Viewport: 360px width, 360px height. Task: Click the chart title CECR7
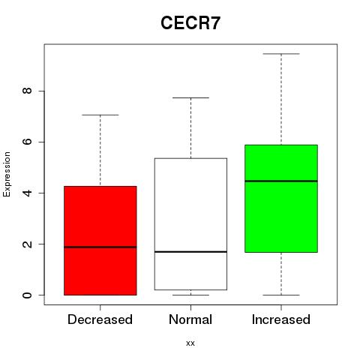[x=190, y=23]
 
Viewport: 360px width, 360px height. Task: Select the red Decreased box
[x=100, y=241]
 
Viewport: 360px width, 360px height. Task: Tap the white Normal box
[x=190, y=224]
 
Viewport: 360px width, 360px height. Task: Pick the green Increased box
[x=281, y=199]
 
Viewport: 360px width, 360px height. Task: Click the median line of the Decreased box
[x=100, y=247]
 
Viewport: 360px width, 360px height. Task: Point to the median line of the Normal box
[x=190, y=251]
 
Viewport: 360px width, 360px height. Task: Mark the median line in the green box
[x=281, y=181]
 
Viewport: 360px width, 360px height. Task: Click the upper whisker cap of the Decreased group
[x=100, y=115]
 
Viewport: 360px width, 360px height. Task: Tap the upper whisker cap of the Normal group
[x=190, y=97]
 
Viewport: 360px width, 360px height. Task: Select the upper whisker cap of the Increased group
[x=281, y=54]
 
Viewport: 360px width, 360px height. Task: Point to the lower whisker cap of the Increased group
[x=281, y=295]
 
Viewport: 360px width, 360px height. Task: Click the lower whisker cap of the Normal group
[x=190, y=295]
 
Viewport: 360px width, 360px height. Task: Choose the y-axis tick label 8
[x=27, y=91]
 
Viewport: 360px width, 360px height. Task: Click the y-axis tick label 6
[x=27, y=142]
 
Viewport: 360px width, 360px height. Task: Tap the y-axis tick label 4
[x=27, y=193]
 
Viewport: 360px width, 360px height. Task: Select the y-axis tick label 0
[x=27, y=295]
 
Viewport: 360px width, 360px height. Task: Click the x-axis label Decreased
[x=100, y=319]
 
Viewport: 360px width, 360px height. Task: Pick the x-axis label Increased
[x=281, y=319]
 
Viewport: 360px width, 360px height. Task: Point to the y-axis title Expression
[x=7, y=174]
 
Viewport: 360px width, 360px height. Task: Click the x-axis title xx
[x=190, y=343]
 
